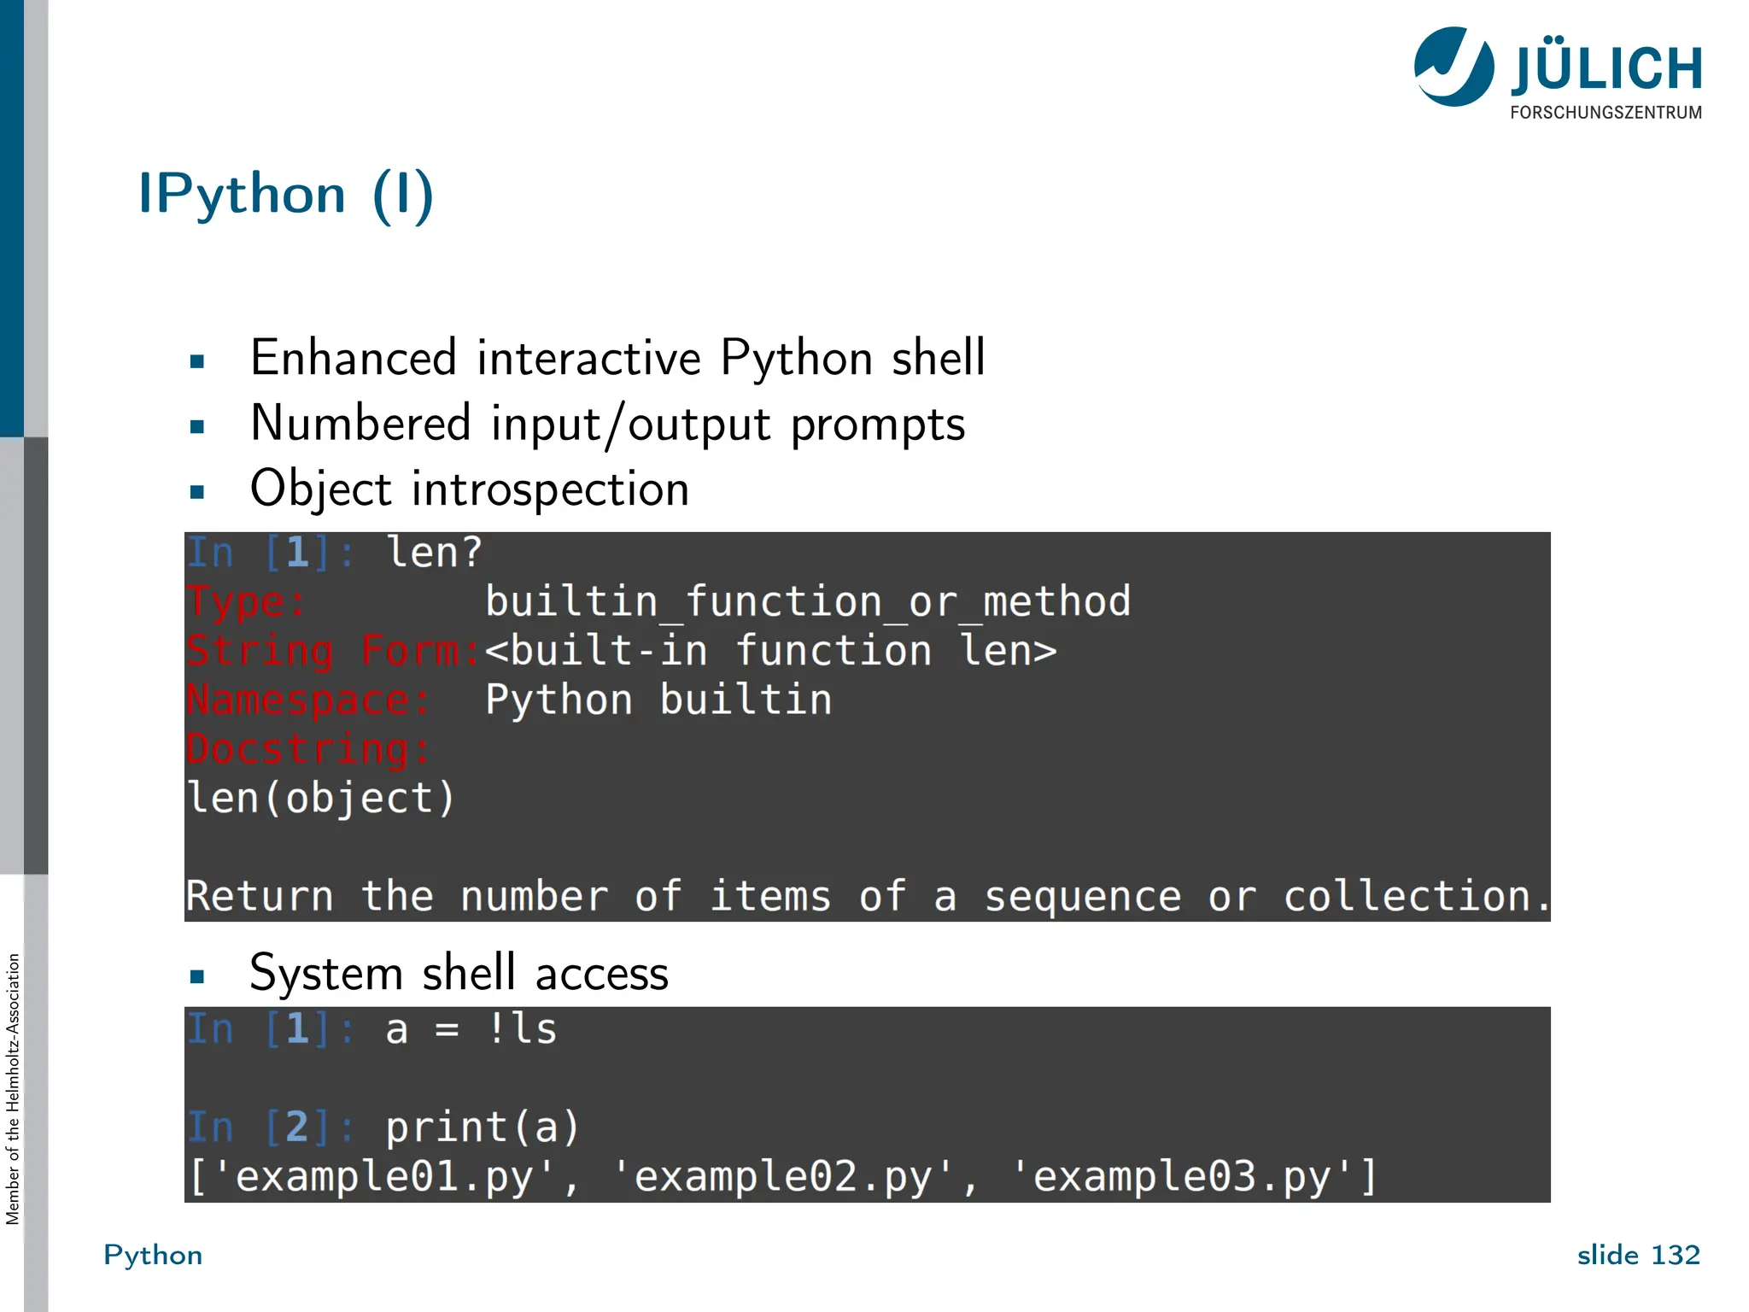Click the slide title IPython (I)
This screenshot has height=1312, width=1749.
coord(286,195)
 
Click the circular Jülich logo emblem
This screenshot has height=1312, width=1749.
coord(1454,67)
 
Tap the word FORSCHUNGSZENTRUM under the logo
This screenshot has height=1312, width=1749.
coord(1606,113)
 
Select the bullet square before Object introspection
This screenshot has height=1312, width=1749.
coord(197,491)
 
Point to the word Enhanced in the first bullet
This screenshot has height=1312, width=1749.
coord(354,358)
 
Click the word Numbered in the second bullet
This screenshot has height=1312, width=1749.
coord(360,424)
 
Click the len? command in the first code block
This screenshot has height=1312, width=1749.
coord(435,553)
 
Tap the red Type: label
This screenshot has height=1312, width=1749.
coord(246,602)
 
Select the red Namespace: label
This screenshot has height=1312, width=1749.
coord(308,700)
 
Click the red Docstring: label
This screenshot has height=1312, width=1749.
coord(308,749)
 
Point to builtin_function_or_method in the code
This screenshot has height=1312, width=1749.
coord(808,602)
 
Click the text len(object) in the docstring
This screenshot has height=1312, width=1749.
coord(320,799)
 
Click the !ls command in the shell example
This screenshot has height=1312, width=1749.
coord(522,1029)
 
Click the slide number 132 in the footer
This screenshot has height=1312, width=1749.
coord(1676,1255)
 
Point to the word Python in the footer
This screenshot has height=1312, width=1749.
coord(153,1255)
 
